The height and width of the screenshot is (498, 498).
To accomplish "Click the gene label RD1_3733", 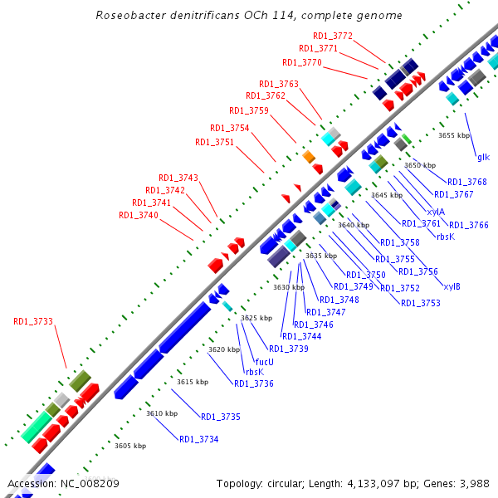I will [33, 321].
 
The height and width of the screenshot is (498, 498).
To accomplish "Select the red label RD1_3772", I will [333, 36].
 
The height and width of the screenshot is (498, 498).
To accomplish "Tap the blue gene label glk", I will [483, 156].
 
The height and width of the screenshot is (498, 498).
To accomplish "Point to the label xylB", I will [452, 287].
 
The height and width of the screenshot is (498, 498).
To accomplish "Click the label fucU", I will [265, 361].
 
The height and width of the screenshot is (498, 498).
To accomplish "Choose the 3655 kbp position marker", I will [454, 134].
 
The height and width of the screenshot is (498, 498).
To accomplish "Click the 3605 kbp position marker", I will [130, 446].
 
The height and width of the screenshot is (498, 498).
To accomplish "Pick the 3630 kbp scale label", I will [290, 286].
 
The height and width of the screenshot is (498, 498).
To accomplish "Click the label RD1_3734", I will [199, 438].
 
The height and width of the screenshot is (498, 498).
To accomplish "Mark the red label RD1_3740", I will [139, 215].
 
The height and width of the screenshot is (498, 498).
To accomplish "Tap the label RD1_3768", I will [467, 182].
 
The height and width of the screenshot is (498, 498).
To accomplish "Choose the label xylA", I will [434, 212].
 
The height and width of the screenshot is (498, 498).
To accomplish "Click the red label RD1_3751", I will [215, 142].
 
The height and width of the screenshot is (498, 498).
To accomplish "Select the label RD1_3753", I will [421, 303].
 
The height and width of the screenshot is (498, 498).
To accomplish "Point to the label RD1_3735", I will [221, 416].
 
